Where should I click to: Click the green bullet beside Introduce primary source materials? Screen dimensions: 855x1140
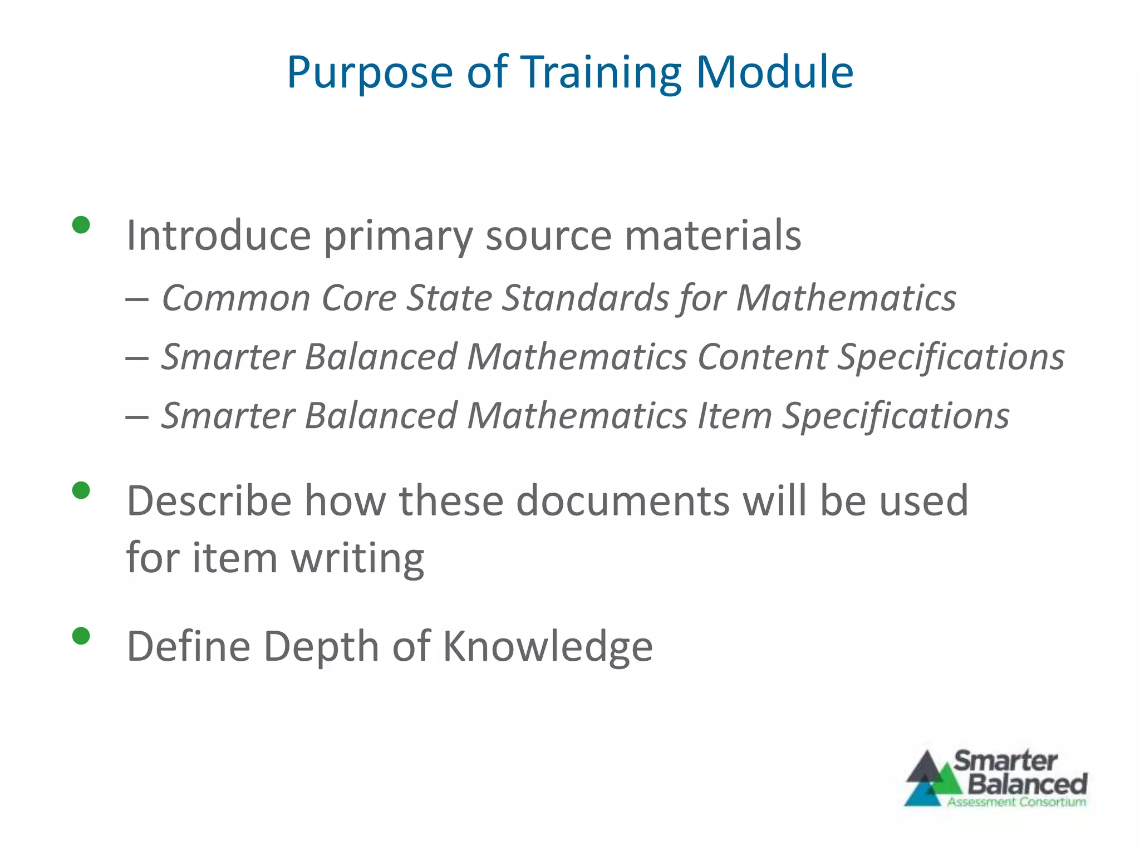pyautogui.click(x=81, y=225)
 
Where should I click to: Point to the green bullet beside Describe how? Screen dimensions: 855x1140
pyautogui.click(x=81, y=490)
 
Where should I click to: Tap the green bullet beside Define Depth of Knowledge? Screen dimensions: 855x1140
pyautogui.click(x=81, y=636)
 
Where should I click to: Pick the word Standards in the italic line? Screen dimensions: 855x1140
pyautogui.click(x=586, y=298)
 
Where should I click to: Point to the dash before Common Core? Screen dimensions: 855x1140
pyautogui.click(x=137, y=299)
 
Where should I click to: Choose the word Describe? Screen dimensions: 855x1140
pyautogui.click(x=209, y=501)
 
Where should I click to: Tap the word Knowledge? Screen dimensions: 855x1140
pyautogui.click(x=548, y=647)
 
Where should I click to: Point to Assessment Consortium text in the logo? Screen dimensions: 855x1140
pyautogui.click(x=1016, y=802)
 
